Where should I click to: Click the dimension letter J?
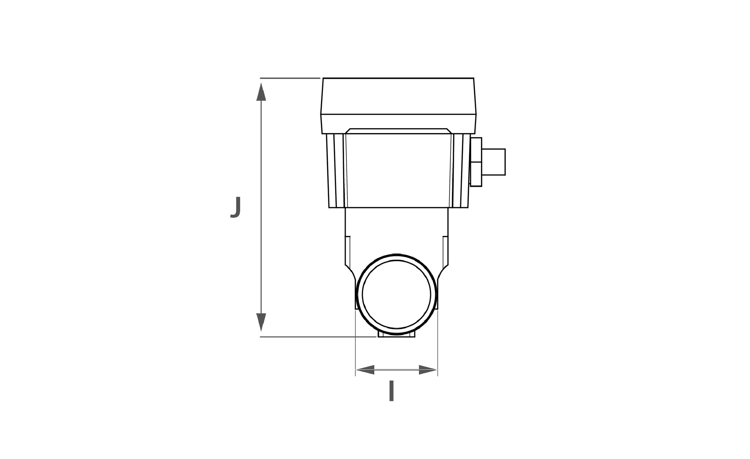235,207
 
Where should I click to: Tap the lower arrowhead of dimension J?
261,322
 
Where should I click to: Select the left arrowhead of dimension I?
365,370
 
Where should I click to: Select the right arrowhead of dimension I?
428,370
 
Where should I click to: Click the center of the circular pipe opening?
396,295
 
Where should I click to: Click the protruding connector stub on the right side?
493,162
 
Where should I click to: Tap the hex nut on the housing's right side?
476,162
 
